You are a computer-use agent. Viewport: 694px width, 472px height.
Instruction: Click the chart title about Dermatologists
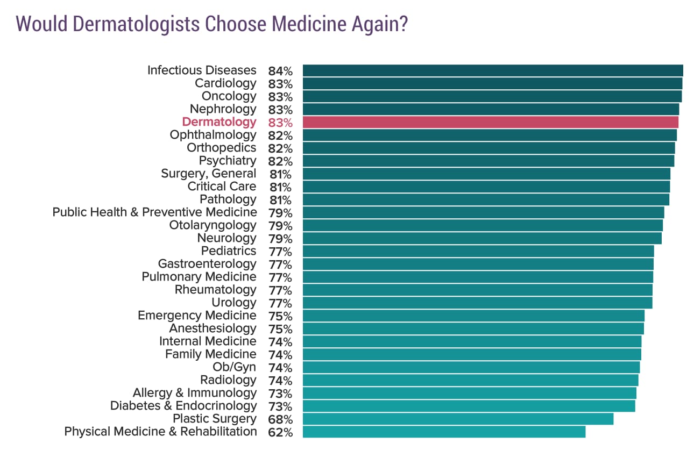pyautogui.click(x=212, y=24)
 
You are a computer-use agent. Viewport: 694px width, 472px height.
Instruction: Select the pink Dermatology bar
pyautogui.click(x=490, y=122)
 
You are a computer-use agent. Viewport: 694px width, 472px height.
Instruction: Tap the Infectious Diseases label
pyautogui.click(x=202, y=70)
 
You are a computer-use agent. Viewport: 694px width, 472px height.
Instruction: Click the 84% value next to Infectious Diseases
pyautogui.click(x=280, y=71)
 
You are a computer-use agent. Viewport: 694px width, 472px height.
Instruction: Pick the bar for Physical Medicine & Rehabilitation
pyautogui.click(x=444, y=432)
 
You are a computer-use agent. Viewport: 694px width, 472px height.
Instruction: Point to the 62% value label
pyautogui.click(x=280, y=432)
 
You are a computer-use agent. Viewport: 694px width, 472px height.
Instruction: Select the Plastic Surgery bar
pyautogui.click(x=458, y=419)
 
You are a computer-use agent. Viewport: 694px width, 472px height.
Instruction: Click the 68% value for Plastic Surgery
pyautogui.click(x=280, y=419)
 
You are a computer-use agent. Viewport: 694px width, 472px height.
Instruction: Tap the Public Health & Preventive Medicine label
pyautogui.click(x=154, y=212)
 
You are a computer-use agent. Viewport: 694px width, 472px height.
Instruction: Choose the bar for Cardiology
pyautogui.click(x=492, y=83)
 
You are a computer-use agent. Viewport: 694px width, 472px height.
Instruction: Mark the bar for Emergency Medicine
pyautogui.click(x=473, y=316)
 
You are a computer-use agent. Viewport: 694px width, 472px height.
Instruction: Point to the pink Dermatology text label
pyautogui.click(x=219, y=122)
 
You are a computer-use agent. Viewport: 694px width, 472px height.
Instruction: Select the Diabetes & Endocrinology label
pyautogui.click(x=183, y=406)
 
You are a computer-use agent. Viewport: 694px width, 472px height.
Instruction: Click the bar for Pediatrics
pyautogui.click(x=478, y=251)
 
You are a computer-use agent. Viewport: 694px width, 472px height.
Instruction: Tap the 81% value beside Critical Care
pyautogui.click(x=280, y=187)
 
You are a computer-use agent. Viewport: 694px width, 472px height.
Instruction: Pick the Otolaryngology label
pyautogui.click(x=213, y=225)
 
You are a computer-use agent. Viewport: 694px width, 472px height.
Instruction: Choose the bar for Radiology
pyautogui.click(x=470, y=380)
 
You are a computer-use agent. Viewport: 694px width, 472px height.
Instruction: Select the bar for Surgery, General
pyautogui.click(x=486, y=174)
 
